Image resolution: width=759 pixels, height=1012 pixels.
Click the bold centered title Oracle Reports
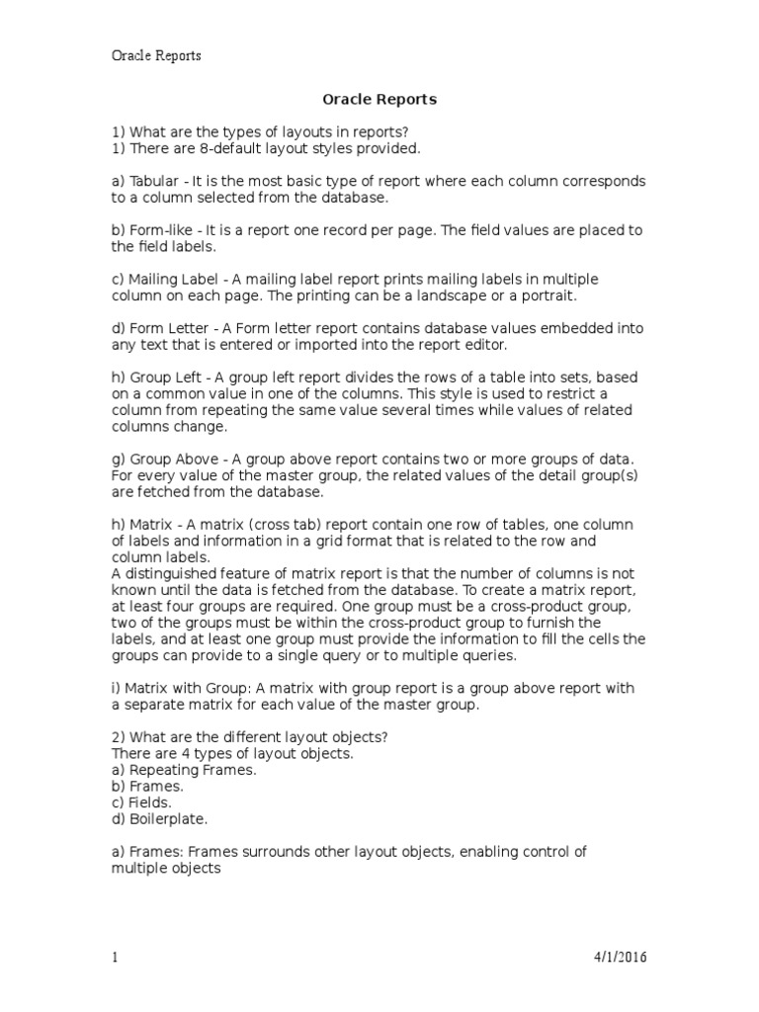tap(379, 100)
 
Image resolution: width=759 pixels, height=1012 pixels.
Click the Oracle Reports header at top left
tap(155, 56)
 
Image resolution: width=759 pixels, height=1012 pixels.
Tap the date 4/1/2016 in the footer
tap(620, 957)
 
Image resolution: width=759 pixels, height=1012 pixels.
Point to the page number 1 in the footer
tap(115, 957)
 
